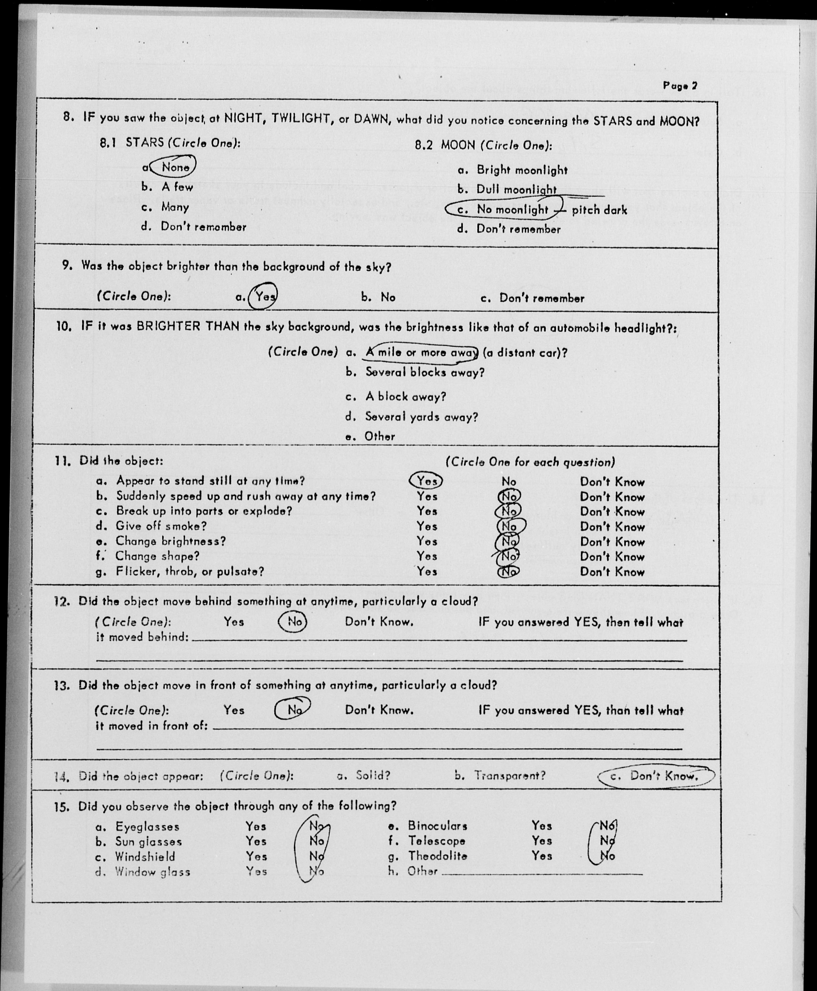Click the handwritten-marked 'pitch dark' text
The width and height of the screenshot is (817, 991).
pyautogui.click(x=599, y=210)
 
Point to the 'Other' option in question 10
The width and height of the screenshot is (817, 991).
pyautogui.click(x=379, y=436)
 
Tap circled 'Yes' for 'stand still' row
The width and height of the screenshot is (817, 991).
pyautogui.click(x=426, y=481)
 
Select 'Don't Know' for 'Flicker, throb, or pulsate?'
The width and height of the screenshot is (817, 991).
pyautogui.click(x=612, y=572)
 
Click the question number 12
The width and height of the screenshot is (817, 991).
pyautogui.click(x=62, y=601)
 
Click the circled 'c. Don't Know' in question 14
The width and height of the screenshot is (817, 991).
pyautogui.click(x=656, y=776)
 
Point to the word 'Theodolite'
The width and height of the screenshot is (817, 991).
pyautogui.click(x=437, y=856)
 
